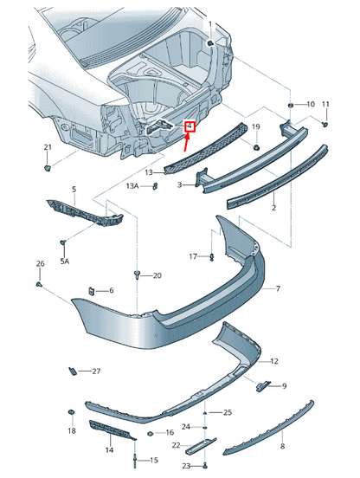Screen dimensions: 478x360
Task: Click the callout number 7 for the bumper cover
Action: coord(278,287)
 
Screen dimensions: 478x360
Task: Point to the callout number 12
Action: coord(274,360)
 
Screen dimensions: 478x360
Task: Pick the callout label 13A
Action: coord(132,186)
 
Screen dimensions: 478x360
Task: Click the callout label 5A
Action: coord(65,260)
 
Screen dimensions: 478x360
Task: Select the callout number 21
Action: coord(48,147)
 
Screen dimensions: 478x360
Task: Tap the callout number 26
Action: coord(40,263)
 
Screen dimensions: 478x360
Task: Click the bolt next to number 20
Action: coord(138,275)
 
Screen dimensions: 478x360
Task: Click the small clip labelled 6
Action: coord(93,289)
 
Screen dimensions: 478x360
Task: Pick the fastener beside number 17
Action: coord(212,256)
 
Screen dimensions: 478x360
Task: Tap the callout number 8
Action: coord(282,448)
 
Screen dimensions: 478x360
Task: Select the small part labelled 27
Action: coord(73,371)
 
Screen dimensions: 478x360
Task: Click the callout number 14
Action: coord(110,450)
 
